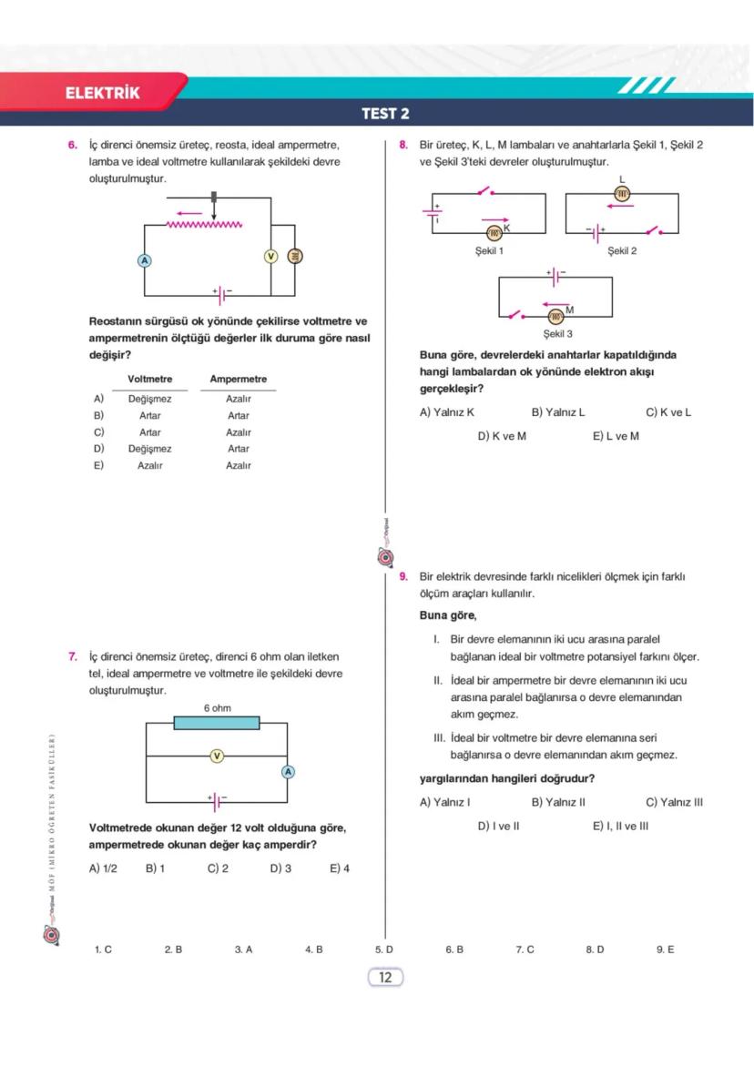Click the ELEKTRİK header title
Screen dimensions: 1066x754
tap(103, 93)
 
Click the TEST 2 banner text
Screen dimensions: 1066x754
tap(385, 114)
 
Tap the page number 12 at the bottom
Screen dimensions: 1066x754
tap(384, 978)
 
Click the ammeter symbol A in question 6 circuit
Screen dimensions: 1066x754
tap(144, 259)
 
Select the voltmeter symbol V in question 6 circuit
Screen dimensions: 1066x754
tap(270, 256)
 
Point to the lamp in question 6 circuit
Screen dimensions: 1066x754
tap(294, 256)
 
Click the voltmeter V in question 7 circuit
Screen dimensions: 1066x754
tap(217, 756)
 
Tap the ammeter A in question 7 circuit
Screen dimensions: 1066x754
tap(288, 772)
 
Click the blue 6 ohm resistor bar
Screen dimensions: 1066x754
tap(217, 723)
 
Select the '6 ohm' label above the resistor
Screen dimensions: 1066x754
tap(217, 707)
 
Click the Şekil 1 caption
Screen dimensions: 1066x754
tap(489, 250)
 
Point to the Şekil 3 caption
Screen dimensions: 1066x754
tap(557, 334)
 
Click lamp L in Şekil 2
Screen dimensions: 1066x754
tap(623, 193)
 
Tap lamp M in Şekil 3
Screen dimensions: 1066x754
tap(555, 316)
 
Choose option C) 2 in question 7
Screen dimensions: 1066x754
tap(218, 868)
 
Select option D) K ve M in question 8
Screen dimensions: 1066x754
tap(502, 436)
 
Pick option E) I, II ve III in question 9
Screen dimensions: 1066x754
tap(620, 827)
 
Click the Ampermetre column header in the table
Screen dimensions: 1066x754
tap(239, 379)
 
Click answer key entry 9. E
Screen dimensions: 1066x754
tap(665, 949)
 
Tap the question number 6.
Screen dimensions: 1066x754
tap(72, 145)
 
